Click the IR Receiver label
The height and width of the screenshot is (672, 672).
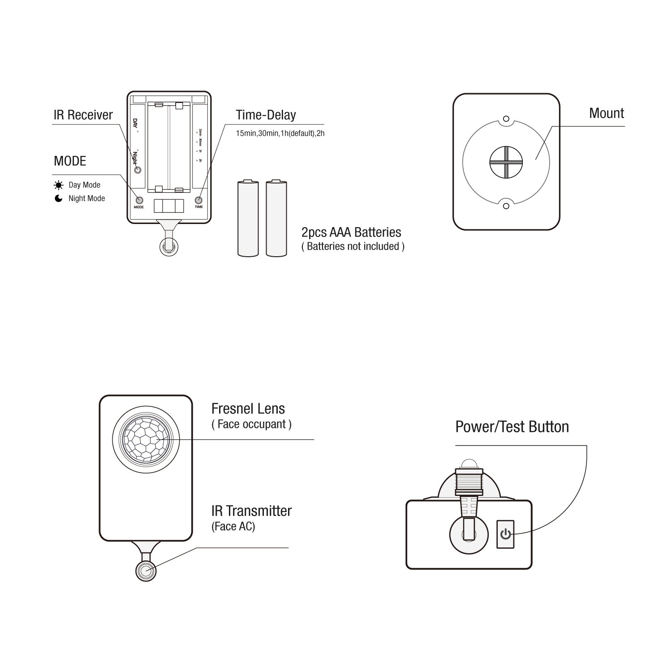coord(83,115)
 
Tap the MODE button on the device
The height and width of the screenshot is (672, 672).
coord(139,201)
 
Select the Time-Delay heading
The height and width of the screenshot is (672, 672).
coord(266,115)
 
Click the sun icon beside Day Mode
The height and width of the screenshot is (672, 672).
coord(59,185)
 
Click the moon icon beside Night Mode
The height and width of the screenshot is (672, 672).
coord(59,198)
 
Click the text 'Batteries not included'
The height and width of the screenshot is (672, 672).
coord(353,246)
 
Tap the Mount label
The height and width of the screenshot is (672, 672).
coord(606,113)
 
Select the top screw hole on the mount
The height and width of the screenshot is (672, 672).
coord(506,119)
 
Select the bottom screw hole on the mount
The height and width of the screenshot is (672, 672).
coord(506,206)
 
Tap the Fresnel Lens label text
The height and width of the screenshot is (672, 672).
coord(248,409)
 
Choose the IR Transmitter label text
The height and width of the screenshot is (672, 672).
coord(251,511)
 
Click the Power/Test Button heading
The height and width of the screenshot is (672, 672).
coord(512,426)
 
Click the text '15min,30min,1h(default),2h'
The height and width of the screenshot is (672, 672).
coord(280,134)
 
